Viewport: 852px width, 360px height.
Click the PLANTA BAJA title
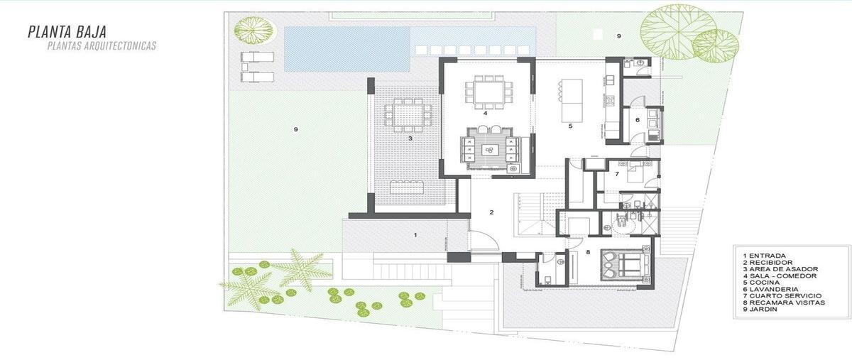(67, 31)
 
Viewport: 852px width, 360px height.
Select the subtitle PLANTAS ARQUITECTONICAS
(102, 46)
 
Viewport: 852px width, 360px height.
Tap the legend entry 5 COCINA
(761, 283)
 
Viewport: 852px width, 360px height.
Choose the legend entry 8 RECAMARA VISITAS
(784, 302)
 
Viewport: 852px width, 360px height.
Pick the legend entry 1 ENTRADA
(764, 256)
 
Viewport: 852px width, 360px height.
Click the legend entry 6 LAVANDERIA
(770, 289)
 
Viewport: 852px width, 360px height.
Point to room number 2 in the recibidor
(491, 212)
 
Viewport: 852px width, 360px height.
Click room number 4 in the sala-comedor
(486, 113)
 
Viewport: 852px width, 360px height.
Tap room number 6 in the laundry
(638, 120)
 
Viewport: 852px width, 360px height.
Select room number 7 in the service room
(617, 174)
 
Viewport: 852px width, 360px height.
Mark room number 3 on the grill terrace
(410, 138)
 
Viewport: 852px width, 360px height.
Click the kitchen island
(572, 100)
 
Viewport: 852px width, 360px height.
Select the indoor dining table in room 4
(488, 92)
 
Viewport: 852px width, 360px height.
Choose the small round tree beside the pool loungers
(255, 29)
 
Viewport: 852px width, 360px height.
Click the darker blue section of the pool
(346, 49)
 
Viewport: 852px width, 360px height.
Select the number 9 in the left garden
(295, 129)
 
